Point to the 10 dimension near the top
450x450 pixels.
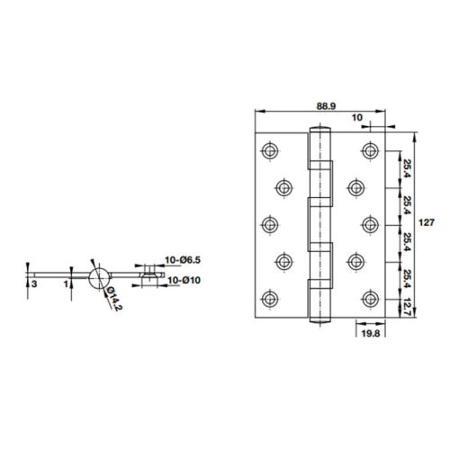click(x=357, y=117)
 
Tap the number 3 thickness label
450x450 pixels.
click(x=33, y=283)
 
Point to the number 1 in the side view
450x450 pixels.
click(x=66, y=283)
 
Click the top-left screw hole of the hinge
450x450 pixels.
click(x=268, y=148)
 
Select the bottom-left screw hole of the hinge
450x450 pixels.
click(x=268, y=297)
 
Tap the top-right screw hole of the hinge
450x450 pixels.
click(x=369, y=148)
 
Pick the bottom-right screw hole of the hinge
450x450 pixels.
click(x=369, y=297)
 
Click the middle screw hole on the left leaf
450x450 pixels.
click(x=268, y=222)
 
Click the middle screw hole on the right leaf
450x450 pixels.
click(x=369, y=222)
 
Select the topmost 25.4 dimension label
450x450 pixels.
click(x=408, y=167)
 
